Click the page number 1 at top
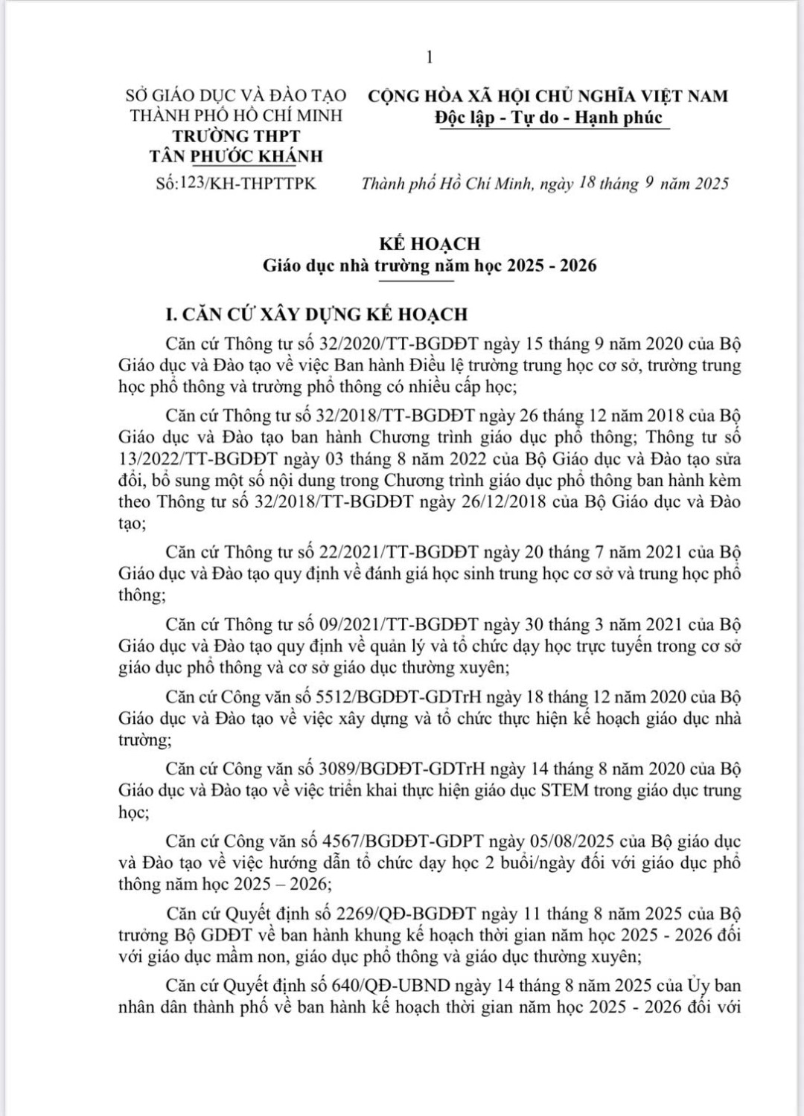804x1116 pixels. [x=430, y=57]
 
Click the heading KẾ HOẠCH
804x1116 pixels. [x=430, y=243]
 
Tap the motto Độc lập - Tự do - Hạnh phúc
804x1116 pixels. [x=549, y=118]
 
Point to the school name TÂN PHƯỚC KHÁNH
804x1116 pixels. [x=236, y=156]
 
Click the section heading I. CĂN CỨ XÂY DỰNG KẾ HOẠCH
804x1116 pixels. [x=316, y=314]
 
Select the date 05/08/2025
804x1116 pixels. [x=572, y=841]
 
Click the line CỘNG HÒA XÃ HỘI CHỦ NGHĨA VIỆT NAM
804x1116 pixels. [x=549, y=96]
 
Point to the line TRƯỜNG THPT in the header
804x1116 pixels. [x=236, y=136]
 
